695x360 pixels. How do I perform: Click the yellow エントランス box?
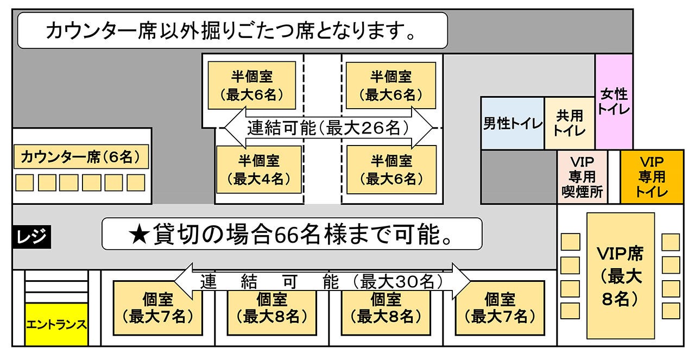tap(56, 325)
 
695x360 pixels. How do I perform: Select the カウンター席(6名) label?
tap(81, 157)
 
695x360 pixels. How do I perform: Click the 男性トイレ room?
tap(512, 123)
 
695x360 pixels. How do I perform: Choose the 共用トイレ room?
tap(570, 123)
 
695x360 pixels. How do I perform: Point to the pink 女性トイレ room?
tap(614, 102)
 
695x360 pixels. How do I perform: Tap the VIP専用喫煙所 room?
tap(582, 177)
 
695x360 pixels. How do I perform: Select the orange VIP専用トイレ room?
tap(651, 177)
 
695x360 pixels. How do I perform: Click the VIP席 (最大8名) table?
tap(620, 276)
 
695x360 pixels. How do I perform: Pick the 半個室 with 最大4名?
tap(259, 169)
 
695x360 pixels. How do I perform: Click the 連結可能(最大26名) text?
tap(328, 128)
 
